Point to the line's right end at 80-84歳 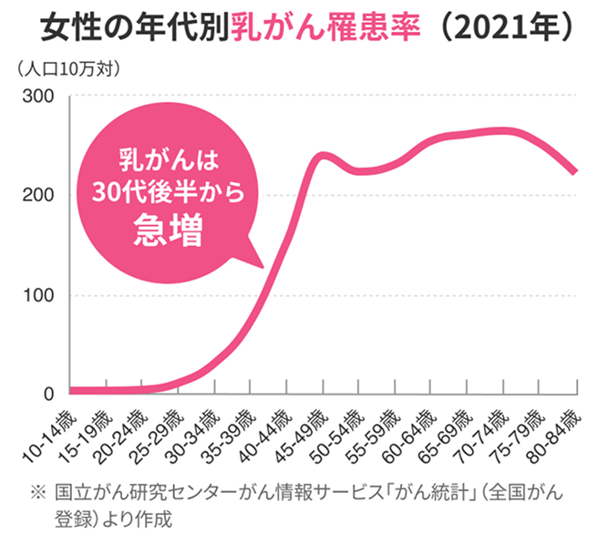[x=574, y=171]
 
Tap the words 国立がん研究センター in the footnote [x=145, y=493]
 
